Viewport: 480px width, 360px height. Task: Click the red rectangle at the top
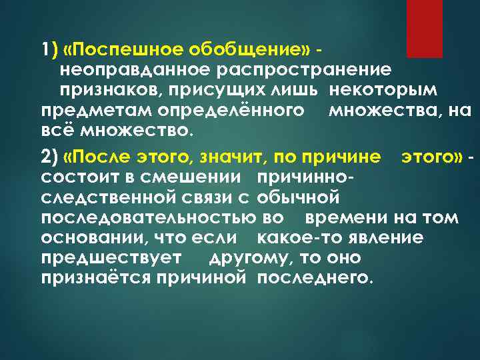pyautogui.click(x=424, y=27)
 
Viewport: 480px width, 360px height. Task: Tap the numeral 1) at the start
pyautogui.click(x=48, y=51)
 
